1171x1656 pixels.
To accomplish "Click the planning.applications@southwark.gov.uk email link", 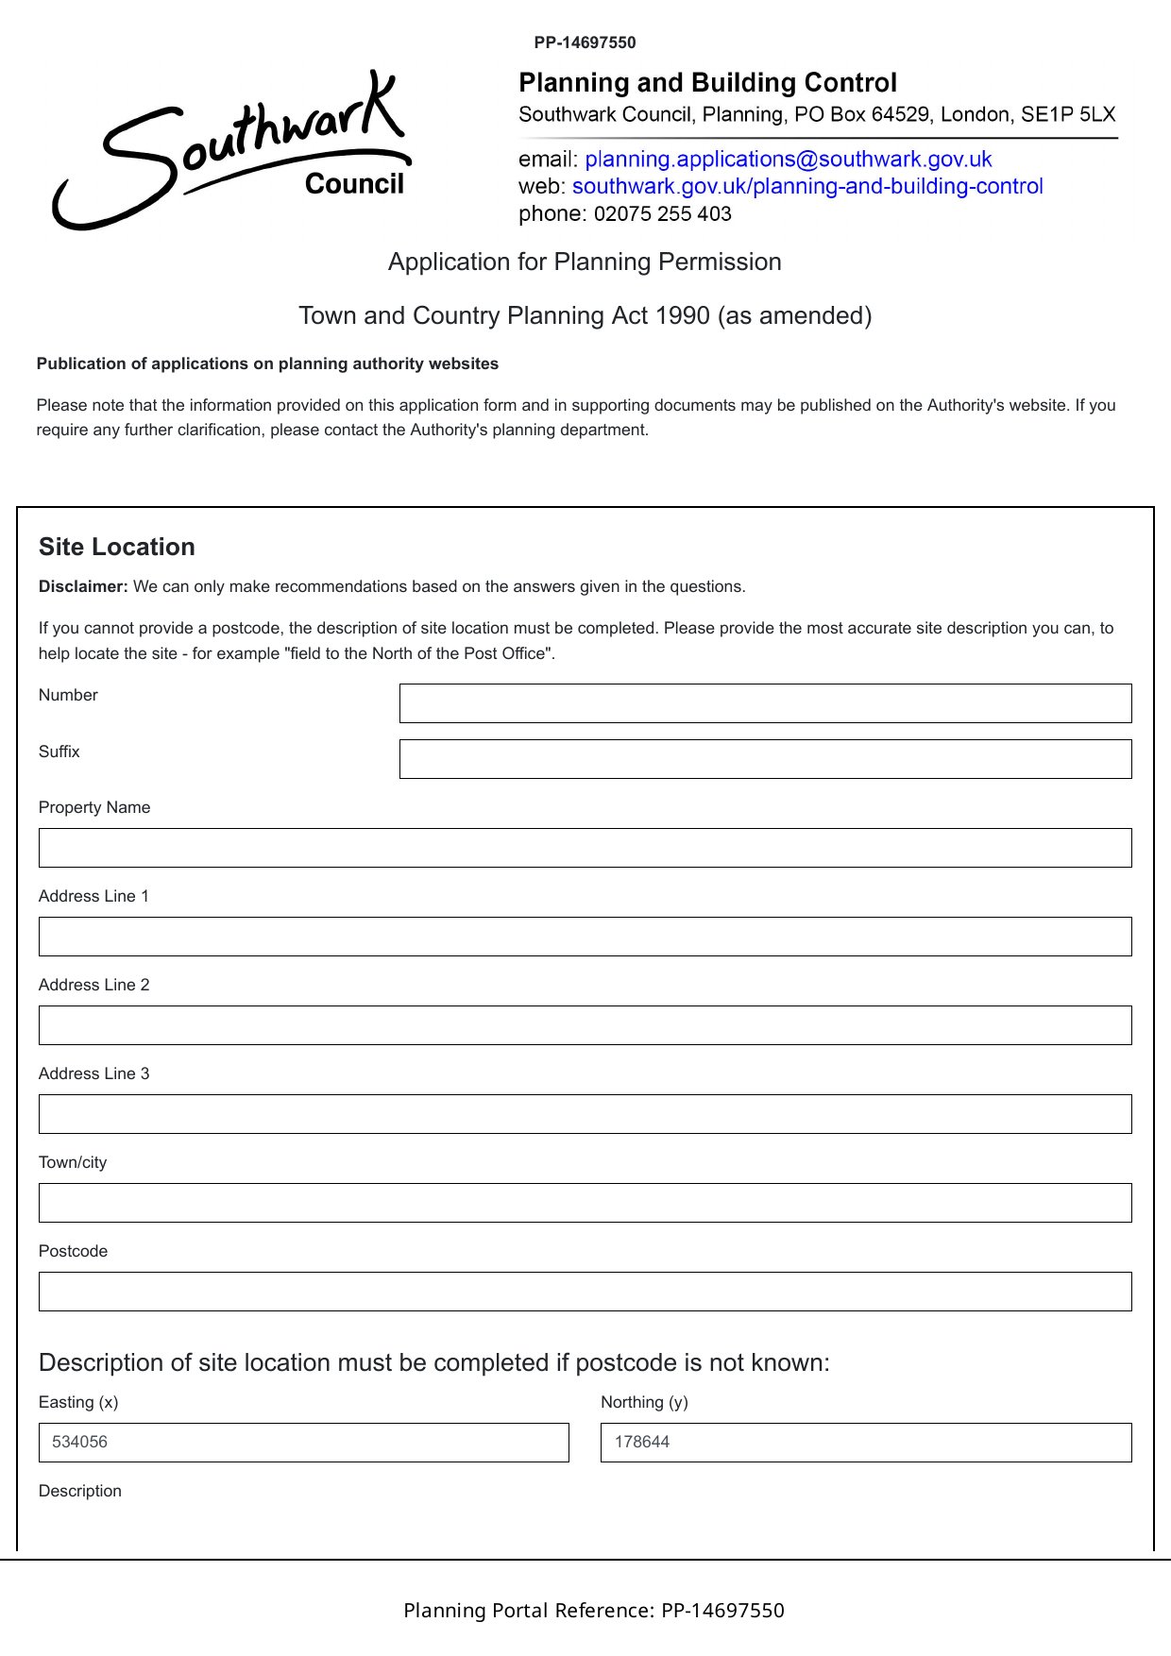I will click(x=788, y=159).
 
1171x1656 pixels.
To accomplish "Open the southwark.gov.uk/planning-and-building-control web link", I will click(x=806, y=186).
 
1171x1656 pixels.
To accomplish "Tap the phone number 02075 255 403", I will click(x=662, y=214).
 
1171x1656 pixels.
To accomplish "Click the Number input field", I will click(x=765, y=703).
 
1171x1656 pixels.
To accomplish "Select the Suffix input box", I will click(x=765, y=759).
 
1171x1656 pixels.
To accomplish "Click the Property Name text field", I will click(x=585, y=848).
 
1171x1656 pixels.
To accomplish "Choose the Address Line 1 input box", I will click(x=585, y=937).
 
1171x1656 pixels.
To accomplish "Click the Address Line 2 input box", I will click(x=585, y=1025).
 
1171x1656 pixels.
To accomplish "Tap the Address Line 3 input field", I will click(x=585, y=1114).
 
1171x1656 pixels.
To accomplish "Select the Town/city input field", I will click(x=585, y=1203).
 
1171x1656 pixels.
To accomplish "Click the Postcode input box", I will click(x=585, y=1292).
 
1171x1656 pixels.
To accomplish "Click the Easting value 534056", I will click(x=80, y=1443).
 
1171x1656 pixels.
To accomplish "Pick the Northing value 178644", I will click(x=642, y=1443).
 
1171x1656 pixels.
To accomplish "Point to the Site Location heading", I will click(x=117, y=548).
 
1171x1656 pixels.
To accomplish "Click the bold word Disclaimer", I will click(x=83, y=587).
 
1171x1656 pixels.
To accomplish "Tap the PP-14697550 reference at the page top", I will click(x=585, y=42).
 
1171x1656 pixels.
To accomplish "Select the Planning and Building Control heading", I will click(x=707, y=83).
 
